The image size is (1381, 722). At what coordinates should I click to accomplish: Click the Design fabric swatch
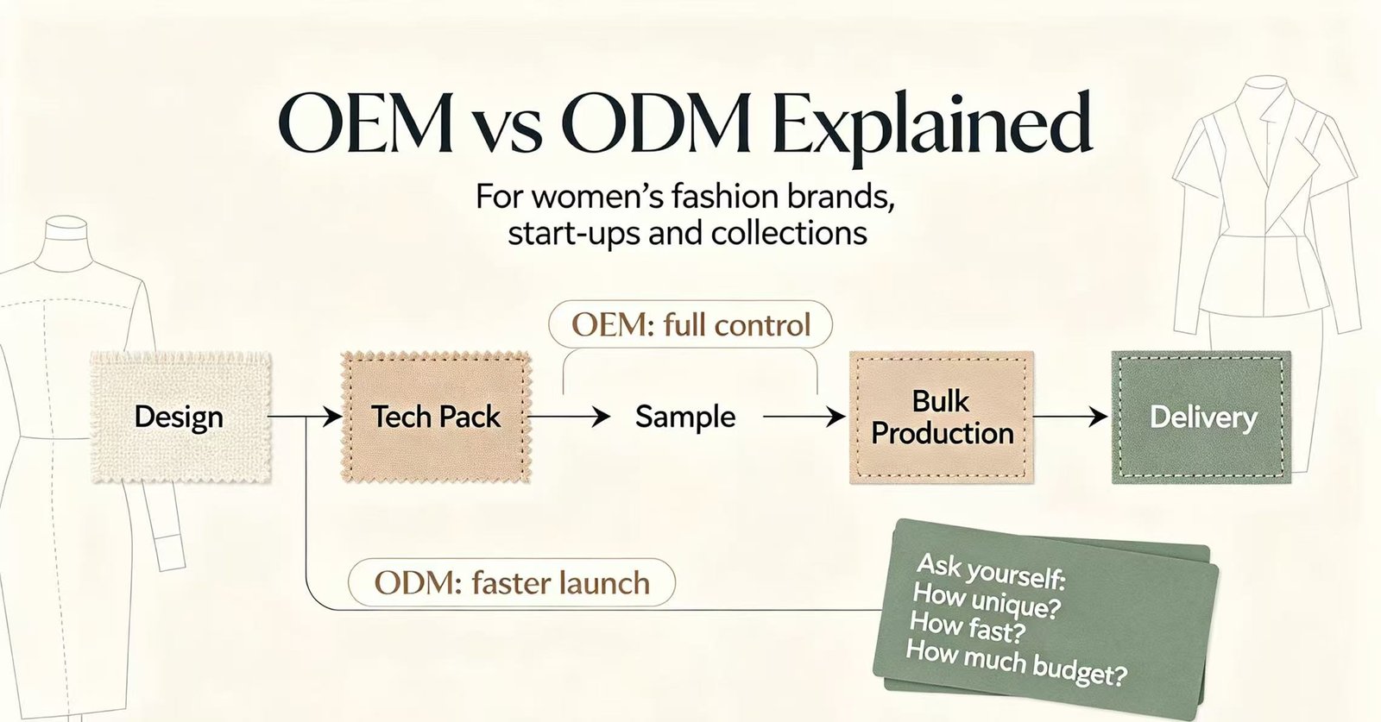(x=180, y=417)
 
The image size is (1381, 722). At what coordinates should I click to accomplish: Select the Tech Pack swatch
(x=436, y=417)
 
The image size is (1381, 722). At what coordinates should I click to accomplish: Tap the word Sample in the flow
(x=685, y=417)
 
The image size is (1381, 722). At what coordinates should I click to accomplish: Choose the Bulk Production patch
(x=942, y=417)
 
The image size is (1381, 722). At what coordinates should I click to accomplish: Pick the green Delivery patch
(x=1201, y=417)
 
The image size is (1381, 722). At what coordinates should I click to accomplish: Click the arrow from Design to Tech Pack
(x=305, y=417)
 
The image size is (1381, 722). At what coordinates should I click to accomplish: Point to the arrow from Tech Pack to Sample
(x=569, y=417)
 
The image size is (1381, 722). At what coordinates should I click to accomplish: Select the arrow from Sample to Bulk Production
(x=804, y=417)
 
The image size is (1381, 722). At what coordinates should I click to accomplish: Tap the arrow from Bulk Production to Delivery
(x=1070, y=417)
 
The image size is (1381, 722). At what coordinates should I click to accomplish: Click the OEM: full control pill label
(x=690, y=324)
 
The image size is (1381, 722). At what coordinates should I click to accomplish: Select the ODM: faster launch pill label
(x=512, y=582)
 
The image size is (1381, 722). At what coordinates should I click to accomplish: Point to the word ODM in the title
(x=654, y=126)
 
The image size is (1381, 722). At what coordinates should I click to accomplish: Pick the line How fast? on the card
(x=968, y=628)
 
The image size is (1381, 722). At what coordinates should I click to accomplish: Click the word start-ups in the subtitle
(x=574, y=235)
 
